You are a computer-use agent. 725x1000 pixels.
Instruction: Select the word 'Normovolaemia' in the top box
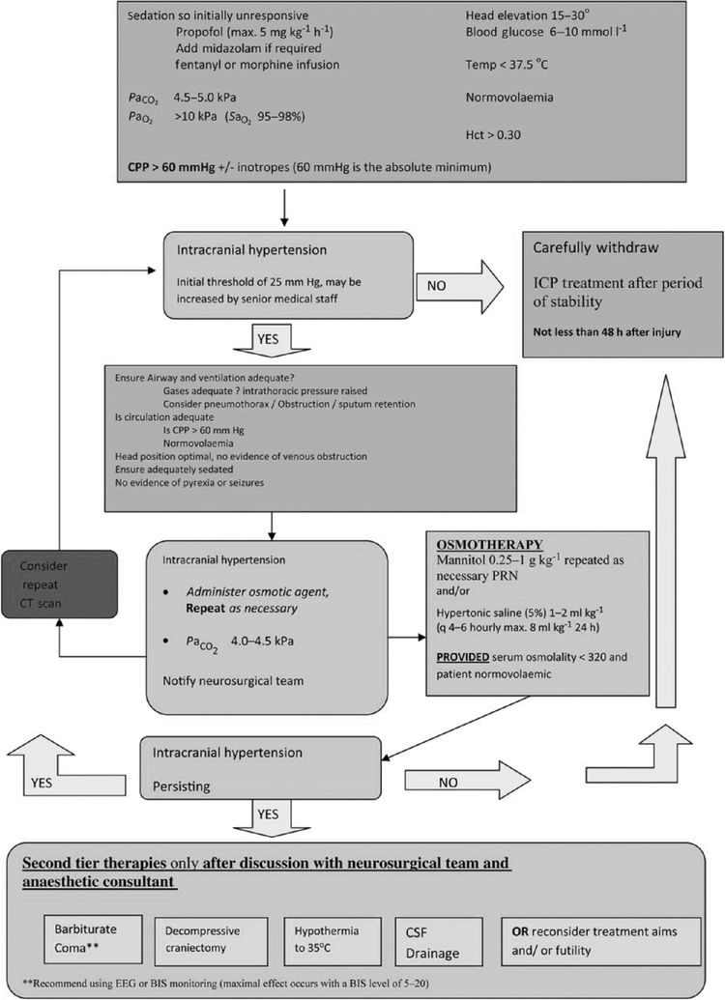[x=511, y=99]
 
